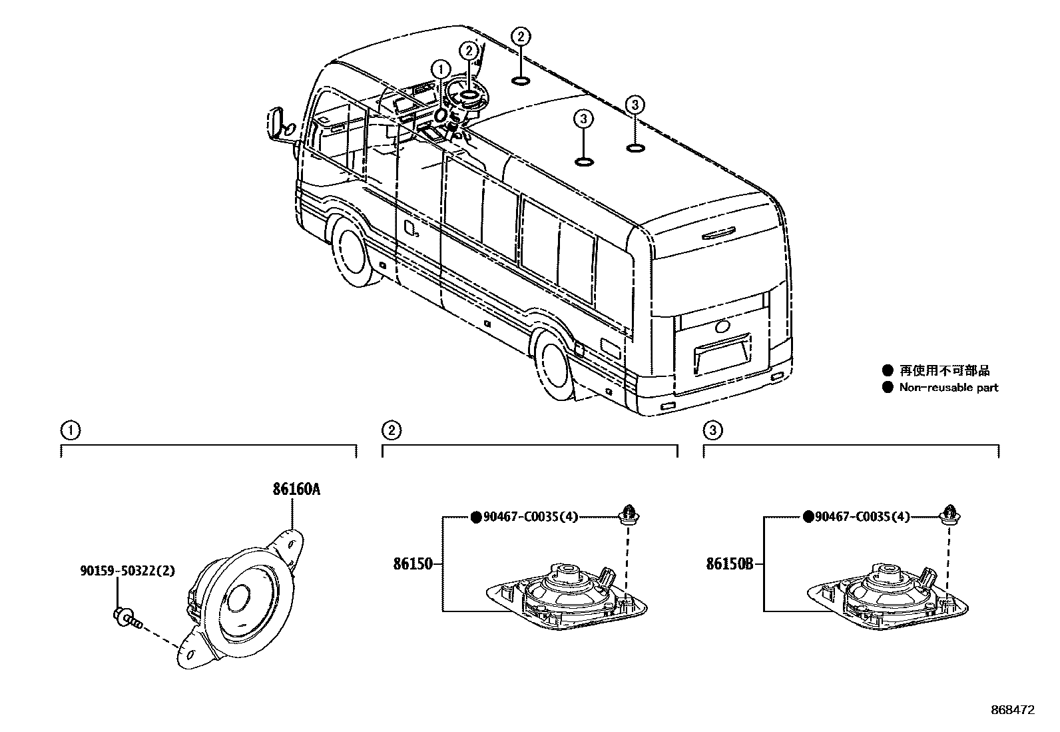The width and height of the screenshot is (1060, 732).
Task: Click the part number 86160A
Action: (x=296, y=490)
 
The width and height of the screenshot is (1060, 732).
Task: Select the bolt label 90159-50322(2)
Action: (x=127, y=571)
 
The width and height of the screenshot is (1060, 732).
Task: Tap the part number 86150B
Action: (x=729, y=565)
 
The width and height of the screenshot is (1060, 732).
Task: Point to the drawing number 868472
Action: (x=1012, y=711)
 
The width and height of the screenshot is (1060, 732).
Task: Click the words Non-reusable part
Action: (x=948, y=388)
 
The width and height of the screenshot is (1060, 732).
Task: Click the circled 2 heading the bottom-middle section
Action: (x=391, y=431)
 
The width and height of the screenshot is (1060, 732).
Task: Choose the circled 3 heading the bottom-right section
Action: (x=712, y=431)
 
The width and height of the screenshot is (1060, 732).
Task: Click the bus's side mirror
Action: (x=278, y=125)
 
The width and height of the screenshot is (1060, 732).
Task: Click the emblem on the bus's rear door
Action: (x=722, y=327)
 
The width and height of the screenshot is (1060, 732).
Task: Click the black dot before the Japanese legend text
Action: (x=887, y=370)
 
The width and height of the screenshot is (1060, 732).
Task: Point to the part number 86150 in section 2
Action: (x=413, y=565)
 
